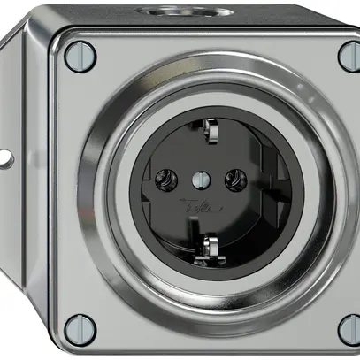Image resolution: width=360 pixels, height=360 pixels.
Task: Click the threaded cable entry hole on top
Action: click(x=211, y=11)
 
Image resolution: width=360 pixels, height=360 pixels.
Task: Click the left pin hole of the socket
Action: click(x=164, y=183)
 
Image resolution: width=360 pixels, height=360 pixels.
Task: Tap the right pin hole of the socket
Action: click(x=234, y=183)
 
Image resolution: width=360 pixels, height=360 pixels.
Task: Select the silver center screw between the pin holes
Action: click(x=199, y=180)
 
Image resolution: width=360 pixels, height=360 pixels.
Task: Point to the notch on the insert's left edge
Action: click(x=134, y=188)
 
